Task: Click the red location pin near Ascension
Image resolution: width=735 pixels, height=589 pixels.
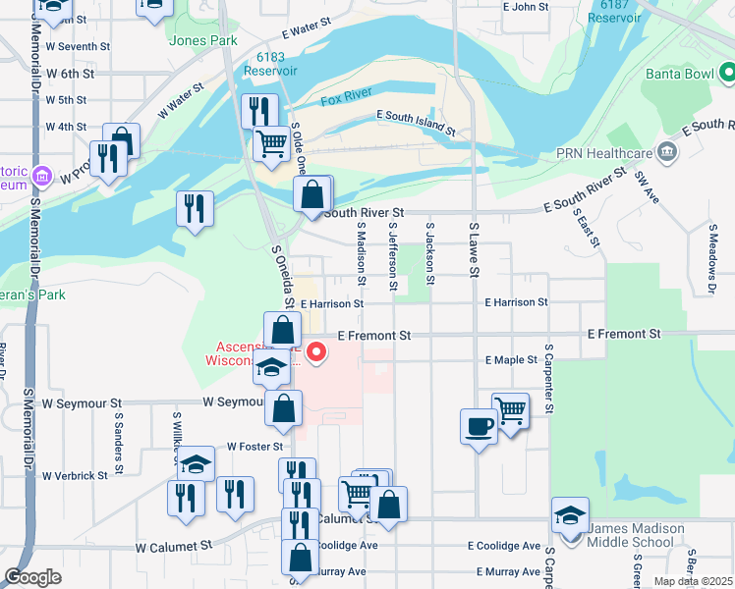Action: tap(316, 352)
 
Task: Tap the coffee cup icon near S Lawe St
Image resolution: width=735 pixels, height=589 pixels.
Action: tap(479, 426)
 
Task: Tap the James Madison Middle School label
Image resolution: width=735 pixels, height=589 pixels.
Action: tap(636, 535)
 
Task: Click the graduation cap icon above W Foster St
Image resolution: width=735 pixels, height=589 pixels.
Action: tap(197, 463)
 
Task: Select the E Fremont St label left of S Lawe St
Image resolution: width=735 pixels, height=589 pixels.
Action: tap(373, 336)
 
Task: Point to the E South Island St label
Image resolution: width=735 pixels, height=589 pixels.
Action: tap(416, 123)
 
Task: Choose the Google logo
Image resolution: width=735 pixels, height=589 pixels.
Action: tap(32, 577)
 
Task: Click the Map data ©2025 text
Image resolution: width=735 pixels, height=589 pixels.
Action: tap(693, 581)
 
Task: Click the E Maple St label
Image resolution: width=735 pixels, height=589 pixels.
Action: tap(511, 361)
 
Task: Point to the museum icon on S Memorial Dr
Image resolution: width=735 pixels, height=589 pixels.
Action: tap(42, 177)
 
